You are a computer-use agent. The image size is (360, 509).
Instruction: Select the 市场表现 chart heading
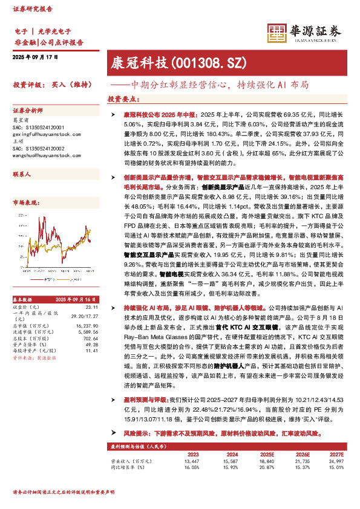point(26,202)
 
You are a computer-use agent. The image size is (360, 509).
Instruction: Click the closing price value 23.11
point(92,273)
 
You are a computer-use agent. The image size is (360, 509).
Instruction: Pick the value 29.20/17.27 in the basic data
point(85,282)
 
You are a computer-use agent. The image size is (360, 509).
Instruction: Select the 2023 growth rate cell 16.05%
point(191,468)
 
